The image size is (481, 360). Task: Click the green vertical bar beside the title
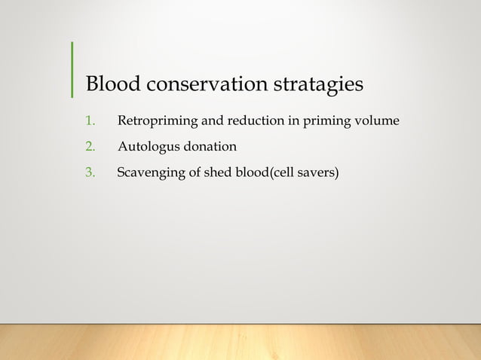pyautogui.click(x=72, y=69)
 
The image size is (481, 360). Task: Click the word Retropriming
pyautogui.click(x=153, y=121)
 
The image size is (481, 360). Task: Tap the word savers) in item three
pyautogui.click(x=320, y=173)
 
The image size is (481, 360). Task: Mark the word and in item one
pyautogui.click(x=203, y=121)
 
